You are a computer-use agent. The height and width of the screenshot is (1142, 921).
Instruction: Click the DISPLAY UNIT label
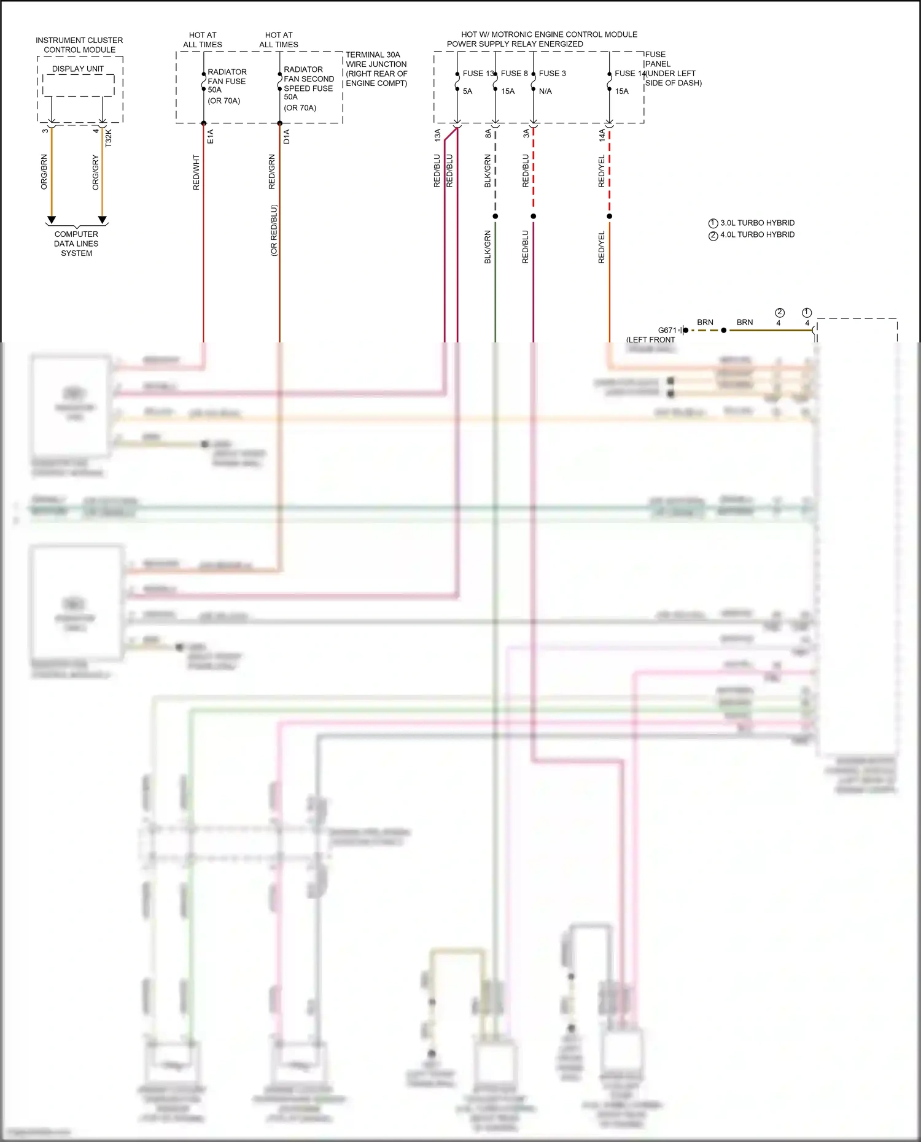click(77, 69)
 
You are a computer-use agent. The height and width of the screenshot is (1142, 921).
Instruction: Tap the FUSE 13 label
click(478, 74)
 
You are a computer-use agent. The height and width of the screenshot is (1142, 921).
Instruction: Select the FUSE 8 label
click(515, 74)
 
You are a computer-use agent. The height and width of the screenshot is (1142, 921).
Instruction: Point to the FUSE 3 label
click(553, 74)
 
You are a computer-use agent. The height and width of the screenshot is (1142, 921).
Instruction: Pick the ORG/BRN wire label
click(44, 172)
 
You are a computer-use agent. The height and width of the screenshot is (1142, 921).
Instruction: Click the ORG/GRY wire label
click(96, 172)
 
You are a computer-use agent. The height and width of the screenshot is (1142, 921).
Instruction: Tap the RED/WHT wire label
click(196, 172)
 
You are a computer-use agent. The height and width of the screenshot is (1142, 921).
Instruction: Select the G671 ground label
click(667, 330)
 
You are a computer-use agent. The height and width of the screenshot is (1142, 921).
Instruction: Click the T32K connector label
click(109, 137)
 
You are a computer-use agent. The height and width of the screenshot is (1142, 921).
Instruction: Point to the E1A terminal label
click(211, 136)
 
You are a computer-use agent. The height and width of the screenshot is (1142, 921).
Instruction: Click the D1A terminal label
click(287, 136)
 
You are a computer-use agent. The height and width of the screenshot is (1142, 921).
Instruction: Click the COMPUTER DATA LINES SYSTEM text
click(76, 244)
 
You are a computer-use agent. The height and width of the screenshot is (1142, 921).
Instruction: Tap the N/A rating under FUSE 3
click(545, 91)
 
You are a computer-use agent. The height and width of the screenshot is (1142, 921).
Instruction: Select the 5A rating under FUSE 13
click(468, 91)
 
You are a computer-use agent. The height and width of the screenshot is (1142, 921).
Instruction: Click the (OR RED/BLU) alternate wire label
click(274, 230)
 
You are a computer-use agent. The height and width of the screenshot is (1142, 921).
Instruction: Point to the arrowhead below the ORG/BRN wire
click(52, 220)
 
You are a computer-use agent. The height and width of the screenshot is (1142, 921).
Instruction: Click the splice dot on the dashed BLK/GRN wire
click(495, 216)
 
